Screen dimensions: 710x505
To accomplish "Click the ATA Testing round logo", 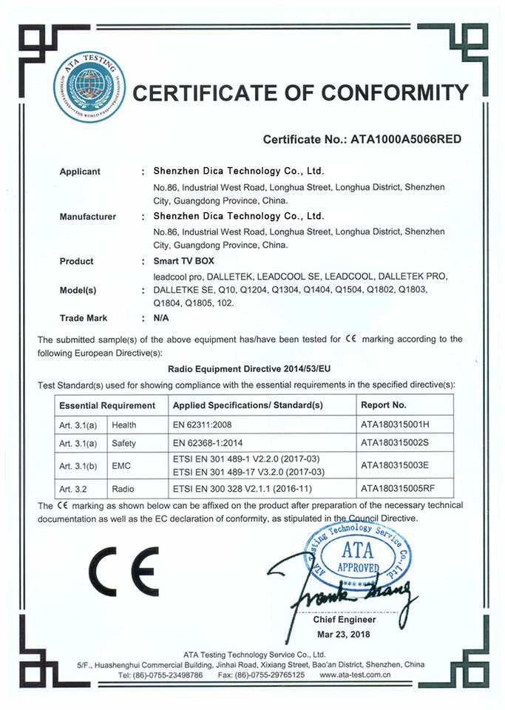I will pos(89,87).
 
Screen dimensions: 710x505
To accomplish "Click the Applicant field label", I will pos(80,172).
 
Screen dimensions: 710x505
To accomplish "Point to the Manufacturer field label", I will pos(87,217).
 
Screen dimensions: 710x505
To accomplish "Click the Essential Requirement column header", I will pos(107,405).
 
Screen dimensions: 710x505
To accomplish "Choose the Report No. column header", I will pos(384,405).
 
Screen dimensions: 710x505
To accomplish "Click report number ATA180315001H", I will pos(396,425).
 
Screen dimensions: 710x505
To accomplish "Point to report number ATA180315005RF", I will pos(399,489).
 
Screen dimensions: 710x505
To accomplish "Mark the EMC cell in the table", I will pos(121,466).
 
